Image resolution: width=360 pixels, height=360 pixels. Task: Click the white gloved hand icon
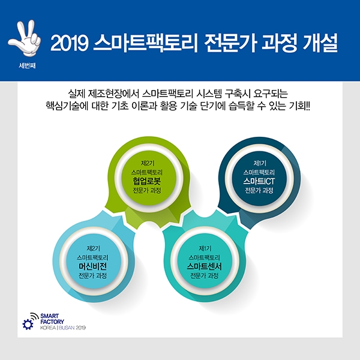click(x=25, y=38)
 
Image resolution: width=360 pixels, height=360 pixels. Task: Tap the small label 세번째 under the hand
click(x=27, y=65)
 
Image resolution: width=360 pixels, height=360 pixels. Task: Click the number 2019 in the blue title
click(x=70, y=43)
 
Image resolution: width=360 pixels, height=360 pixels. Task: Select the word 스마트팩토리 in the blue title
click(x=145, y=43)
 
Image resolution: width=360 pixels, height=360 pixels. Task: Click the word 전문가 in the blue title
click(x=230, y=43)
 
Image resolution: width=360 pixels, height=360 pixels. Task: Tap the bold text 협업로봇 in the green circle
click(x=147, y=181)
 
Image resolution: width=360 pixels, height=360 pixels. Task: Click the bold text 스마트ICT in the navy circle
click(x=259, y=181)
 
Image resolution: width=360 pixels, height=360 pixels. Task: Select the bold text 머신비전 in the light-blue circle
click(x=92, y=266)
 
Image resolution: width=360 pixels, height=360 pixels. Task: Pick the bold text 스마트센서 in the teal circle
click(x=205, y=266)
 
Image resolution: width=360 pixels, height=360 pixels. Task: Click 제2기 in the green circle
click(x=148, y=163)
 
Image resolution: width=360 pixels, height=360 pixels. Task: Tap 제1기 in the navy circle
click(x=260, y=163)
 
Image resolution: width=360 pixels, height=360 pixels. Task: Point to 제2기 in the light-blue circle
click(x=93, y=248)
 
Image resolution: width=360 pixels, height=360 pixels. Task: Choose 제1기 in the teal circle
click(x=205, y=248)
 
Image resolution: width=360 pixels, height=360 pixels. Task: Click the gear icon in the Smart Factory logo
click(x=28, y=325)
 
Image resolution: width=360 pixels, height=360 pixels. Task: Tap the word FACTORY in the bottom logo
click(x=52, y=322)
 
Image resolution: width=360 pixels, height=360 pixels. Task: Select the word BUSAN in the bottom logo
click(x=67, y=328)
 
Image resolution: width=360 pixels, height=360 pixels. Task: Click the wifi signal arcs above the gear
click(x=35, y=316)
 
